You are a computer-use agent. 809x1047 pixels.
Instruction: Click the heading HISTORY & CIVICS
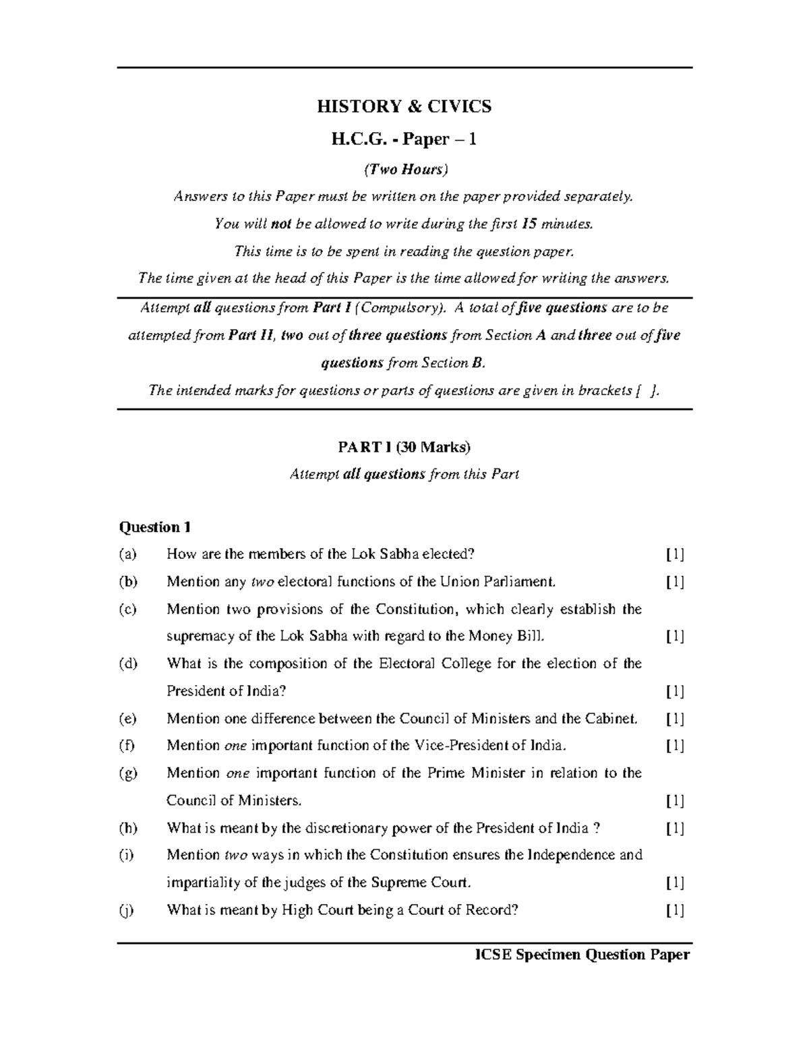coord(404,107)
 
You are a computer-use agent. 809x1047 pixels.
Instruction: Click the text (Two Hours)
coord(405,169)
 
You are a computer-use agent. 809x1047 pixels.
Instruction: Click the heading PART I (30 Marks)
coord(404,447)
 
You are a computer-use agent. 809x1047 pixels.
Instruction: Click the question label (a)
coord(127,554)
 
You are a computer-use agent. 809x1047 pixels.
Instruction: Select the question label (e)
coord(127,719)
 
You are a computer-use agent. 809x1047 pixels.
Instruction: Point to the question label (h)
coord(127,828)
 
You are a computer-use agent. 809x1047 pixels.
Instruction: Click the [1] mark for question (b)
coord(675,582)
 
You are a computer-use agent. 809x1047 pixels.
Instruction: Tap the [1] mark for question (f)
coord(675,746)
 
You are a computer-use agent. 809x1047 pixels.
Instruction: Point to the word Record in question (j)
coord(495,910)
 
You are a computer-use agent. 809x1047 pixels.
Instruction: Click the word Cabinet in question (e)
coord(611,719)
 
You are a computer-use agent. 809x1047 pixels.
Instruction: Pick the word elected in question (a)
coord(452,554)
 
